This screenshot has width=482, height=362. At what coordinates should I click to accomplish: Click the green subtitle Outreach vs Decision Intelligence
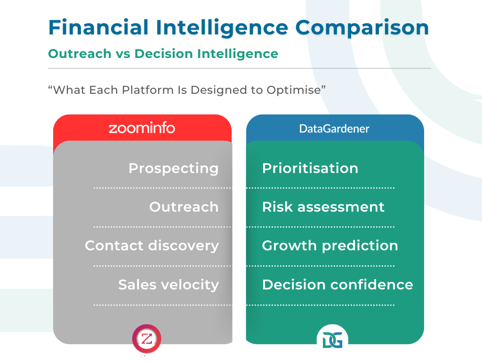[163, 54]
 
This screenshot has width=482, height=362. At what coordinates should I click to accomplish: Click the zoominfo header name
[142, 128]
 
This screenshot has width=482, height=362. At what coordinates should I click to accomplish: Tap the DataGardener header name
[334, 128]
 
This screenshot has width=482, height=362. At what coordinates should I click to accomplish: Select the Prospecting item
[173, 168]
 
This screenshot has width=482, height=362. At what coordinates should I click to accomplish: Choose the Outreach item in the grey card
[184, 207]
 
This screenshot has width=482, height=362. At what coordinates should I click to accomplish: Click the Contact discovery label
[152, 246]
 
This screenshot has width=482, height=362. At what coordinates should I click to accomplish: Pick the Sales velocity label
[168, 285]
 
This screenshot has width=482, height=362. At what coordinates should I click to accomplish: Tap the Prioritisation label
[310, 168]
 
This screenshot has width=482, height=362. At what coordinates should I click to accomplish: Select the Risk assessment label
[323, 207]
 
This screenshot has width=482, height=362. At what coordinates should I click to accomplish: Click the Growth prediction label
[329, 246]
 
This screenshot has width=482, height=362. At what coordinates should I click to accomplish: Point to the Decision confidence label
[337, 285]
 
